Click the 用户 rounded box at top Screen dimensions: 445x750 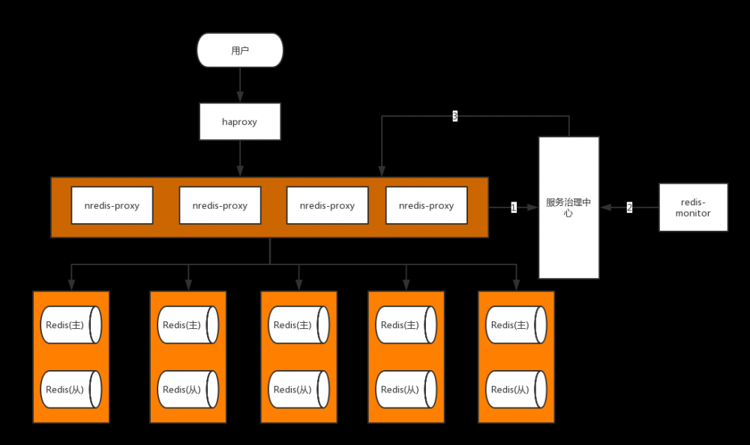[x=240, y=51]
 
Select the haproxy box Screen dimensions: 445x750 [x=240, y=121]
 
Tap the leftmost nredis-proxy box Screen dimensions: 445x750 [x=112, y=205]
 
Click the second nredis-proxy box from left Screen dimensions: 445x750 [x=220, y=205]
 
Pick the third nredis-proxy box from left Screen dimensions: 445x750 [x=328, y=205]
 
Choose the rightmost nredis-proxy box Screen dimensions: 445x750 [x=426, y=205]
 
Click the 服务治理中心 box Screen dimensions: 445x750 [x=568, y=208]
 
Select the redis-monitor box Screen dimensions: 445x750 [x=693, y=207]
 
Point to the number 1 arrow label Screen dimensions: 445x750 [x=514, y=208]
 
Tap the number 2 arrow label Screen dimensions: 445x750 [x=629, y=208]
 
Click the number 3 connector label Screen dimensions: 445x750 [x=454, y=115]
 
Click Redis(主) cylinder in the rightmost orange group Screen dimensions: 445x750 [x=517, y=324]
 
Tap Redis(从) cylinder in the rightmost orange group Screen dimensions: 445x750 [x=517, y=389]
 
